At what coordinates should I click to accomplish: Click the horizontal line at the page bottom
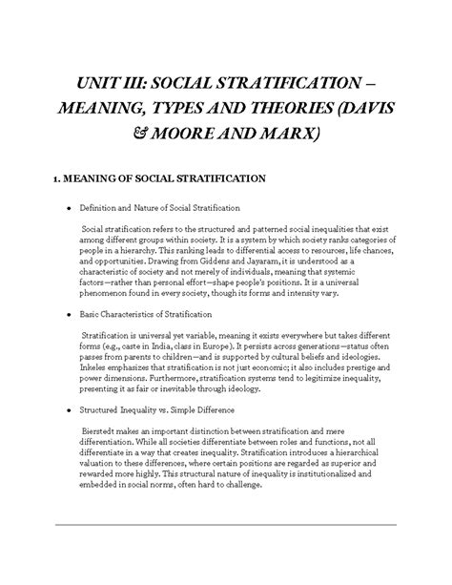[226, 525]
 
